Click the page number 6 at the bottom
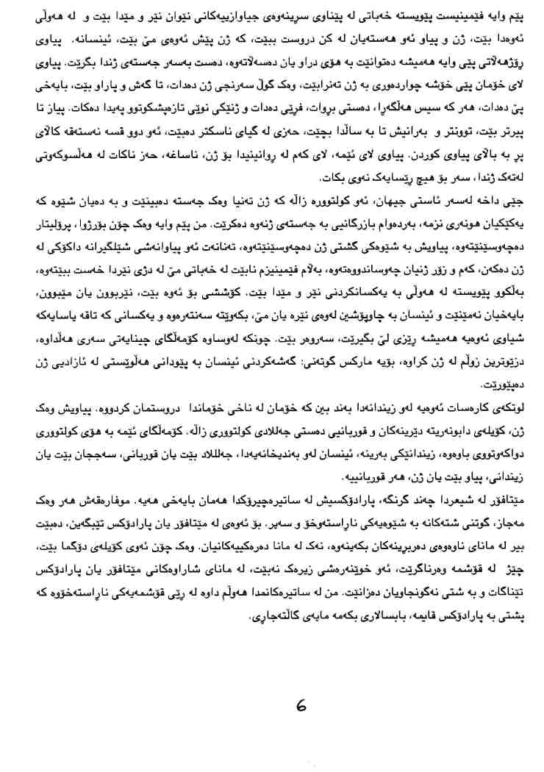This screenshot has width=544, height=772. (x=301, y=707)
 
